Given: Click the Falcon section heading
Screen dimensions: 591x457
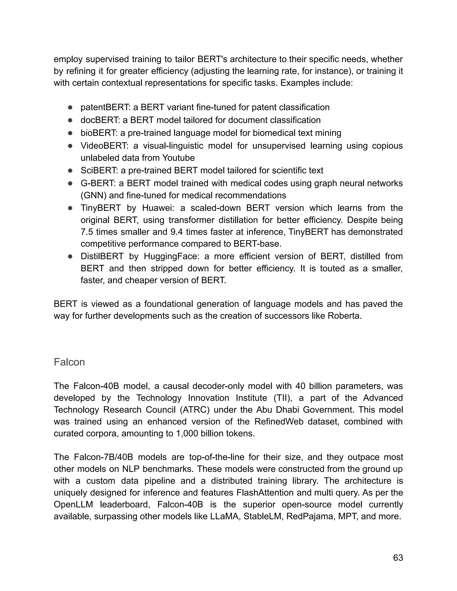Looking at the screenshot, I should tap(69, 362).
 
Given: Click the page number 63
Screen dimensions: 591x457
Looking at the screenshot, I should tap(398, 558).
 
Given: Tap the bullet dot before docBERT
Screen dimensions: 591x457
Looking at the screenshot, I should tap(70, 120).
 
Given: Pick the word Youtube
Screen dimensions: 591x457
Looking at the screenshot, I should tap(179, 158).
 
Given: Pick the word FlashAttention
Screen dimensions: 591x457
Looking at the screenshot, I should tap(265, 492).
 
